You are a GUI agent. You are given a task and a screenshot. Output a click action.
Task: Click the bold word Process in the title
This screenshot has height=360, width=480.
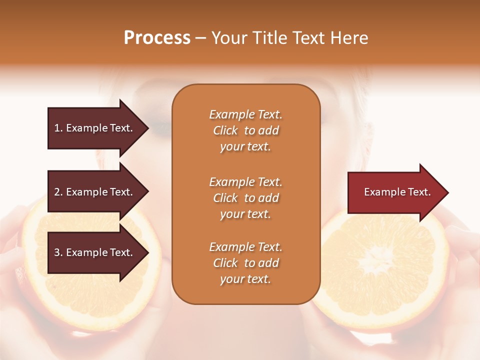click(x=157, y=38)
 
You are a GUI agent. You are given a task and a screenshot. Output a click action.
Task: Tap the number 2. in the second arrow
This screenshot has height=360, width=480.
click(x=58, y=192)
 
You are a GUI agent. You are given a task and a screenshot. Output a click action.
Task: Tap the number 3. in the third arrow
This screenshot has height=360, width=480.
click(x=58, y=252)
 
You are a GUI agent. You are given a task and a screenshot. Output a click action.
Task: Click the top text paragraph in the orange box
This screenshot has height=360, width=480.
click(x=245, y=130)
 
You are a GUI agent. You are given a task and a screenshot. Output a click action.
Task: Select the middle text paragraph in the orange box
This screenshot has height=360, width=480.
click(x=245, y=197)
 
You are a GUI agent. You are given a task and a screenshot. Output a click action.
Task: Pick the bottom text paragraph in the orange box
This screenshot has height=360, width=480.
click(x=245, y=262)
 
